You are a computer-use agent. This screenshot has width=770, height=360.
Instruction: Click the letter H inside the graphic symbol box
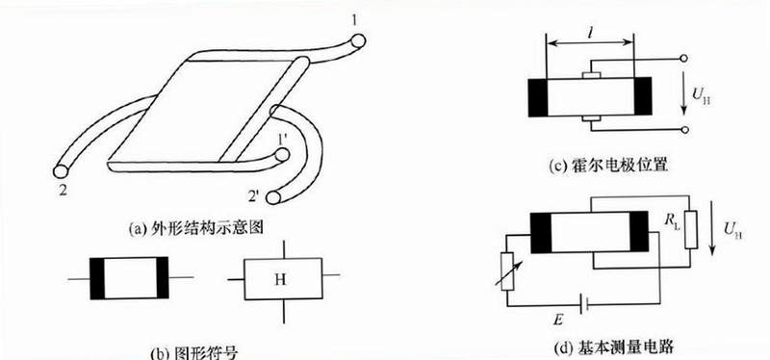click(280, 280)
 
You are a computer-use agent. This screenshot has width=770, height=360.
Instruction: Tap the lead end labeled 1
click(357, 40)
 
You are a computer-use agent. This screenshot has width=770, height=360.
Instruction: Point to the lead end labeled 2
click(61, 171)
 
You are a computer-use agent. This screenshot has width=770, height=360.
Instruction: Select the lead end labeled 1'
click(282, 156)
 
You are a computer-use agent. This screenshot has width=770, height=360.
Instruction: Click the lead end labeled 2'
click(273, 197)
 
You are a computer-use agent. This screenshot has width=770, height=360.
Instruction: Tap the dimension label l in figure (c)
click(589, 33)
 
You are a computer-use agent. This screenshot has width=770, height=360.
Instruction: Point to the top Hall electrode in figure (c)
click(591, 75)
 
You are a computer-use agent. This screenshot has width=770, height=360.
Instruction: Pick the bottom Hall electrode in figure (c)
click(591, 118)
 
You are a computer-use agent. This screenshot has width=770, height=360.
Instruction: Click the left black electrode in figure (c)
click(538, 97)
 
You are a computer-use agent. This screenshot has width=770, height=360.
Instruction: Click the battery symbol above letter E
click(584, 306)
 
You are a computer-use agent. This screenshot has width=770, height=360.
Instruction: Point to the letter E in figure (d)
click(559, 321)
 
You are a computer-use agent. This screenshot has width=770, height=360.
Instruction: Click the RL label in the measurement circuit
click(671, 221)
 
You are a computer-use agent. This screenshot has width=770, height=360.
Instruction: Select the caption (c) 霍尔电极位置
click(608, 165)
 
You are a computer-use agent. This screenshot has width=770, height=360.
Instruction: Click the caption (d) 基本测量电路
click(613, 348)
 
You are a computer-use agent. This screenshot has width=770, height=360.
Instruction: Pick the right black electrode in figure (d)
click(639, 232)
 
